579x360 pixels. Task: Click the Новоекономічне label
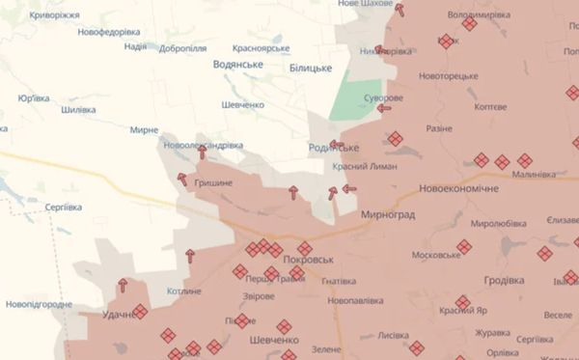459,188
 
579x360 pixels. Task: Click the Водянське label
238,64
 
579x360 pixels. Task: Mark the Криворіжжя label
56,16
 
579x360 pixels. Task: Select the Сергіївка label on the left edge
69,208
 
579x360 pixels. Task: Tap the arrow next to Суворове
384,109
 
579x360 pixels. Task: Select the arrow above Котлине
189,255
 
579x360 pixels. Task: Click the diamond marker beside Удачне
139,311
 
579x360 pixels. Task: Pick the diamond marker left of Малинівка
524,161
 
